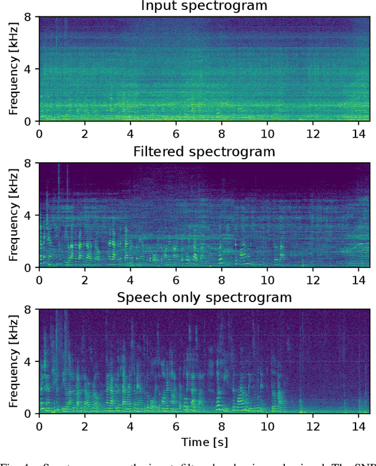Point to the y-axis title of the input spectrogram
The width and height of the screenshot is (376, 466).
pos(12,69)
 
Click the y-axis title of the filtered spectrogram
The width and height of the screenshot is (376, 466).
pos(12,215)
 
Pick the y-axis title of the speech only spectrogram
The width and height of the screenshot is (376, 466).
pos(12,361)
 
